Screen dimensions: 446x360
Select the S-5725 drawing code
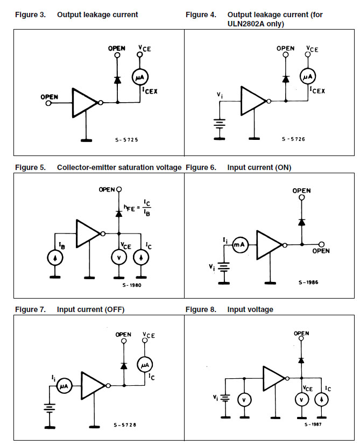pyautogui.click(x=126, y=139)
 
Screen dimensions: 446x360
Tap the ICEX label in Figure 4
pyautogui.click(x=317, y=91)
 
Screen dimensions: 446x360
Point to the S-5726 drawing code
pyautogui.click(x=294, y=139)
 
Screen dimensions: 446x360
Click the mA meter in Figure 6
pyautogui.click(x=239, y=245)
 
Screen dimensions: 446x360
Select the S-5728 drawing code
pyautogui.click(x=125, y=425)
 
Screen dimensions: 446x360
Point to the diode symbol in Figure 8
pyautogui.click(x=302, y=359)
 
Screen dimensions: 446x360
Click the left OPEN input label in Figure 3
pyautogui.click(x=50, y=97)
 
